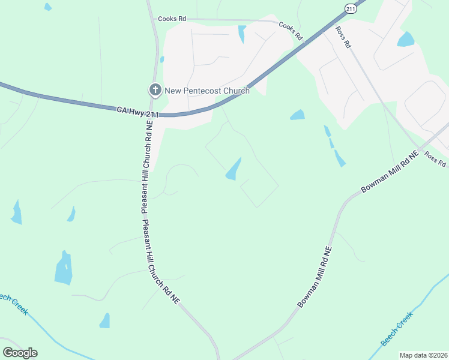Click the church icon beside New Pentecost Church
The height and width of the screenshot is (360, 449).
tap(155, 91)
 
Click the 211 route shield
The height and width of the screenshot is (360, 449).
tap(351, 8)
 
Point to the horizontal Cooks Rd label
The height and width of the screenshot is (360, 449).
tap(172, 19)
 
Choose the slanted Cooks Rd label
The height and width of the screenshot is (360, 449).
tap(290, 32)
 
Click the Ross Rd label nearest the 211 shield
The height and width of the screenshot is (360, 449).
tap(343, 37)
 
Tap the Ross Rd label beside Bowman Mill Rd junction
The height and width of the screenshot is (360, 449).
tap(435, 159)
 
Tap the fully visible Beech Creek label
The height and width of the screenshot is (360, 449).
tap(398, 329)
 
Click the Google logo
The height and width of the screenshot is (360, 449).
tap(20, 353)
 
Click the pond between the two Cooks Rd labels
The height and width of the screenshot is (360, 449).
tap(242, 33)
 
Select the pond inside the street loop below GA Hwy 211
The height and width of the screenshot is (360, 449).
tap(234, 169)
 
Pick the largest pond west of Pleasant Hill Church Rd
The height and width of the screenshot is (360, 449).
tap(63, 268)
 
